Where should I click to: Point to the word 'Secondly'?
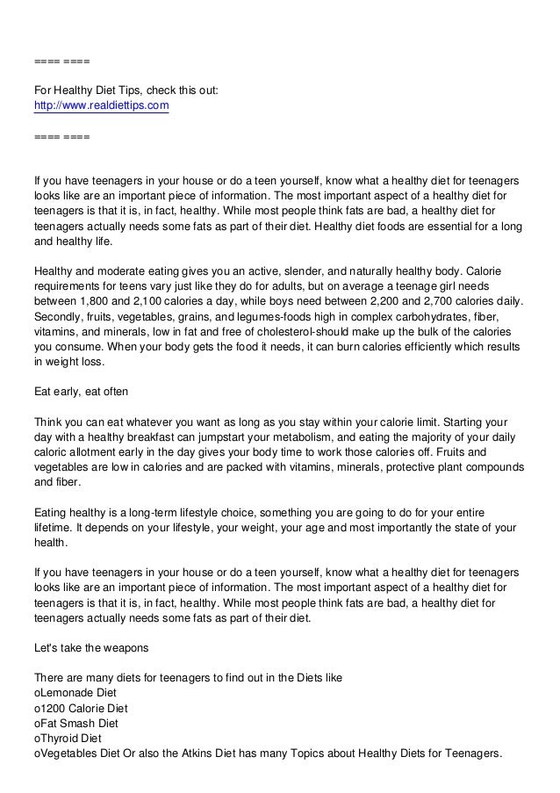[x=60, y=316]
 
